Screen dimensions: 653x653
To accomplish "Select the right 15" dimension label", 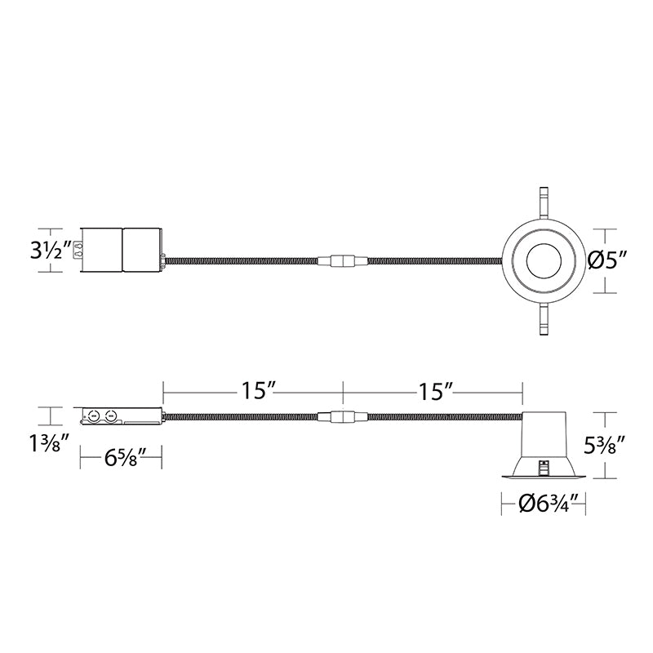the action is click(x=435, y=392).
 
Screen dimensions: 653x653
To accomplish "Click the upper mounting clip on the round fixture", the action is click(x=544, y=202).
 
